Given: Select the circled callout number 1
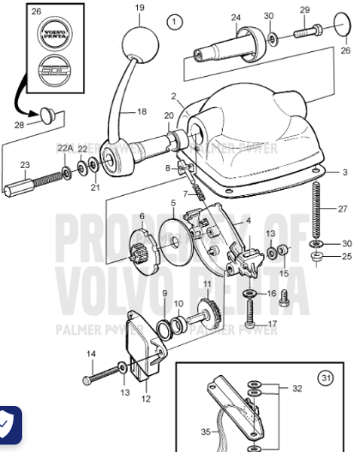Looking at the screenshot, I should coord(175,21).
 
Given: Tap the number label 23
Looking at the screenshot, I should coord(25,165).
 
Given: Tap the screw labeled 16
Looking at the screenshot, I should coord(248,294).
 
